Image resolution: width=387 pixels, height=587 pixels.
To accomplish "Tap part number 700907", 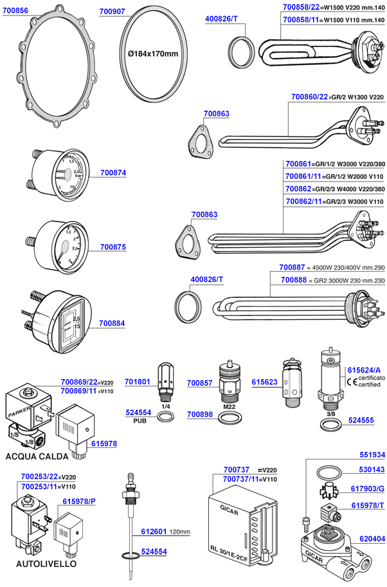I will click(113, 12).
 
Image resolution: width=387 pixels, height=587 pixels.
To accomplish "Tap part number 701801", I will click(138, 382).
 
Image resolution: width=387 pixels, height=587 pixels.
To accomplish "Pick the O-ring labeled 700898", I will click(228, 418).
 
